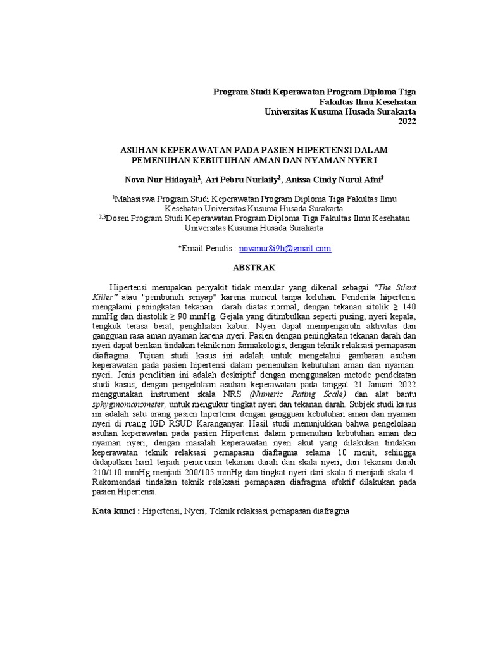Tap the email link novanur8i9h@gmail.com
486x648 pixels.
285,249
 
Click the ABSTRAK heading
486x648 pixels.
254,268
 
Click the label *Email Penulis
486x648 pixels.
206,249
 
